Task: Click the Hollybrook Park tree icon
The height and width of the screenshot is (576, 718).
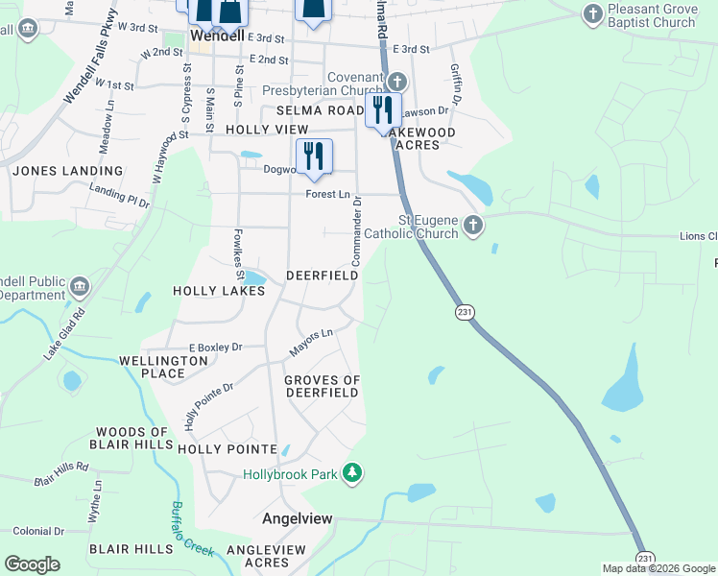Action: coord(353,472)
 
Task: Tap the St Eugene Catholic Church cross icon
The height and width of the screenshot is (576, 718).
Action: coord(471,226)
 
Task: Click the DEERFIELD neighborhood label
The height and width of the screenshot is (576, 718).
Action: coord(323,276)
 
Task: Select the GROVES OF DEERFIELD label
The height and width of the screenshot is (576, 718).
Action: coord(323,387)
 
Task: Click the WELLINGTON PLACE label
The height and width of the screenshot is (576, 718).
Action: coord(163,367)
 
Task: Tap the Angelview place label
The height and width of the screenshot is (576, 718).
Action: coord(298,518)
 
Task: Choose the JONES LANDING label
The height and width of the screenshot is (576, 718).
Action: coord(68,171)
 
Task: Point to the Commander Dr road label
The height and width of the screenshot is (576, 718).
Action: coord(355,231)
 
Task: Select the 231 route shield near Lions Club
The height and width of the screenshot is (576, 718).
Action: coord(465,312)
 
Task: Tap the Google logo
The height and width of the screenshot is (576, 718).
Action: coord(32,564)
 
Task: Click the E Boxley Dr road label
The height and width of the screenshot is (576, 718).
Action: coord(215,347)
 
